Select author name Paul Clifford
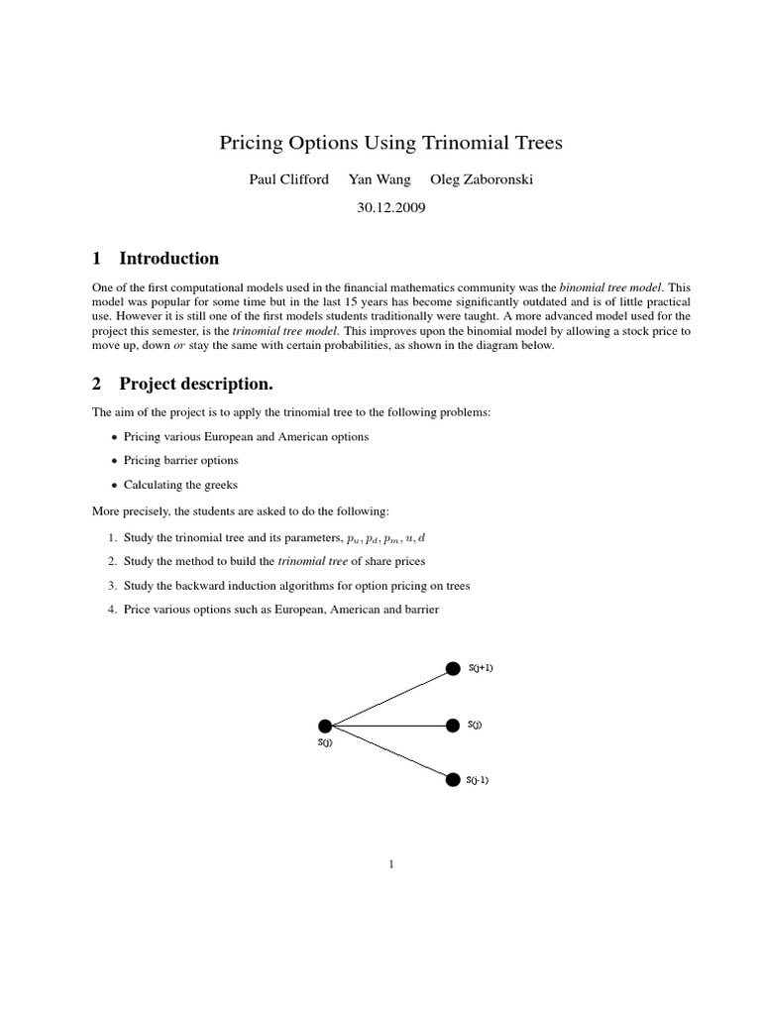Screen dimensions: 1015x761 point(289,180)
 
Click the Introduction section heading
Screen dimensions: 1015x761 point(168,259)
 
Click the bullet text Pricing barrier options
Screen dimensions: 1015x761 point(181,461)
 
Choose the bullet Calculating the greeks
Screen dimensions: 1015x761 point(180,486)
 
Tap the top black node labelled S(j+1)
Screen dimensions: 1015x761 point(453,668)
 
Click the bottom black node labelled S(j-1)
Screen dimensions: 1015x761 point(453,779)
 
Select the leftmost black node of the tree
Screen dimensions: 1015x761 point(325,727)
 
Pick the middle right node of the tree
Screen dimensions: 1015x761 point(453,726)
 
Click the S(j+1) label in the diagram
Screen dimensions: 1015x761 point(481,668)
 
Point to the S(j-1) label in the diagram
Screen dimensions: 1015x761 point(478,780)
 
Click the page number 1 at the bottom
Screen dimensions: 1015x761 point(391,864)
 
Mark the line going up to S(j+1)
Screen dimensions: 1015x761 point(388,698)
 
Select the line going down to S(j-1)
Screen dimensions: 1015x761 point(388,753)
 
